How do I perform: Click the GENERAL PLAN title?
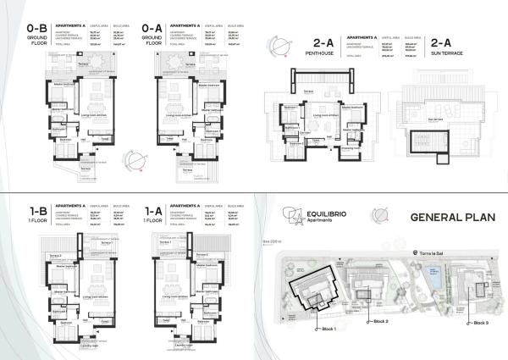click(x=437, y=217)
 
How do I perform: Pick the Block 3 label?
click(x=482, y=323)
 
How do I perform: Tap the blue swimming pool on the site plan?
click(x=433, y=274)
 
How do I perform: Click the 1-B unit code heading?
click(x=35, y=209)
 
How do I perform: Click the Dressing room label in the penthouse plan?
click(x=347, y=146)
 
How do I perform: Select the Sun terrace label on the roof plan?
click(x=435, y=119)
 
